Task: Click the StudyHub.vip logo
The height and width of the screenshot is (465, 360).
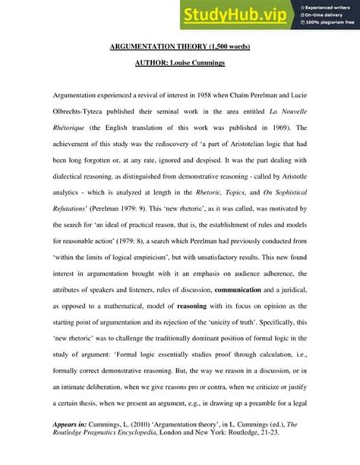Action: [x=234, y=14]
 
